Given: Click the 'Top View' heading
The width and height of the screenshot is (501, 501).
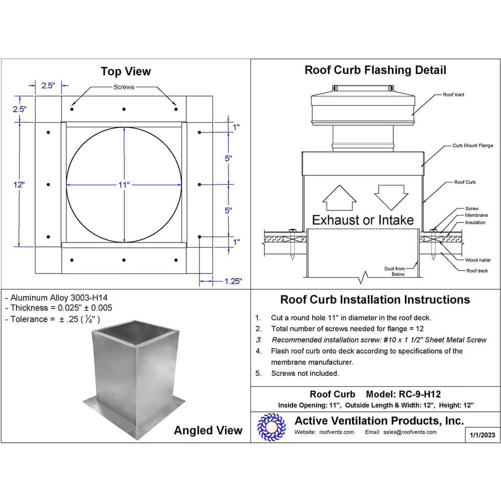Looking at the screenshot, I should (125, 71).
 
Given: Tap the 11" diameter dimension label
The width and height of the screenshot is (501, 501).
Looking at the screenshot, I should (124, 185).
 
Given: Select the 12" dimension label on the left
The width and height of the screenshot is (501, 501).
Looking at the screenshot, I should (19, 184).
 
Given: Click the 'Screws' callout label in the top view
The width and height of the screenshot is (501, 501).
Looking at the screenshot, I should (124, 87).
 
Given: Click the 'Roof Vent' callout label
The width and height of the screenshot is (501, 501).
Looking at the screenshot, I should (453, 95).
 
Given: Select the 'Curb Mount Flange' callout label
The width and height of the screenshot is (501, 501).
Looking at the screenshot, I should (472, 146).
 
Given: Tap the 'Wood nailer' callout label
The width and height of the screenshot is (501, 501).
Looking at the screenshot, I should (478, 260).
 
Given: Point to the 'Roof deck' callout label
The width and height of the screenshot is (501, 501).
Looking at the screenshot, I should (476, 271).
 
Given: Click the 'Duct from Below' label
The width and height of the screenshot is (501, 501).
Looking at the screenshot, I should (395, 272).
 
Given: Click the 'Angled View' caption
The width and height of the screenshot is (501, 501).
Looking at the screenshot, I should (208, 430).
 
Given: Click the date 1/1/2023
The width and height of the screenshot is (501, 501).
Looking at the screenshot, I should (482, 435).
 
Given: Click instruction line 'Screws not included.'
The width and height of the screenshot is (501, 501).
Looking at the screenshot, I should (305, 373).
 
